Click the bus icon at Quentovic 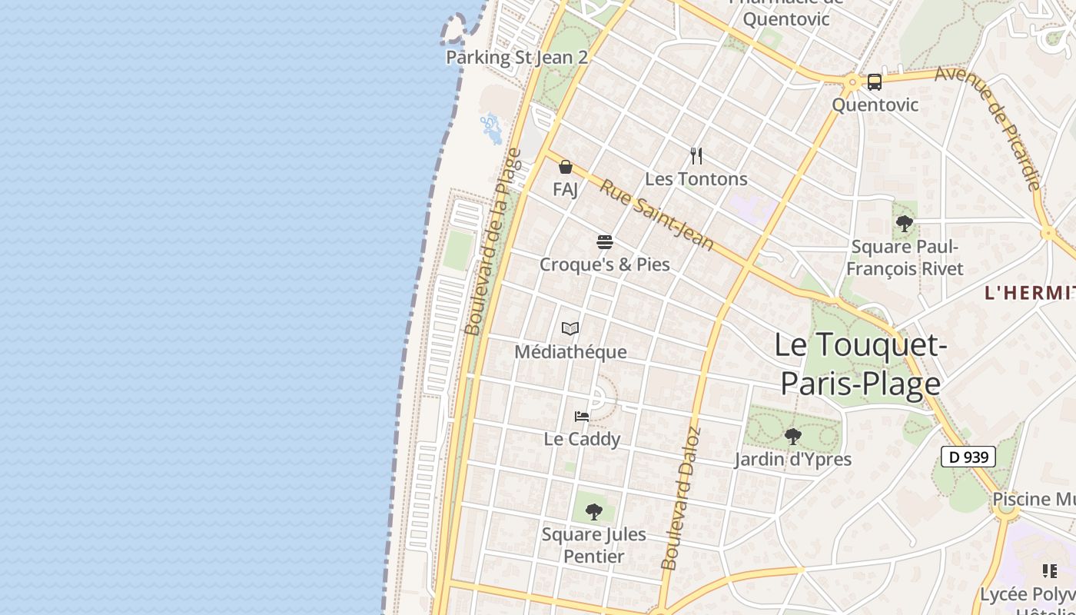click(875, 82)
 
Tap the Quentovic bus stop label click(875, 104)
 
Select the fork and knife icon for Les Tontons click(696, 156)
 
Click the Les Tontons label click(696, 179)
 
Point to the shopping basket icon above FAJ click(566, 167)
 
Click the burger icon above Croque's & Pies click(605, 242)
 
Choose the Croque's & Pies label click(605, 264)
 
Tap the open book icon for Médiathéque click(570, 329)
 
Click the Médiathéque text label click(570, 352)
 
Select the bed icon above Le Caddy click(582, 417)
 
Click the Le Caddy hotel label click(582, 439)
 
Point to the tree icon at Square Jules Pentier click(594, 511)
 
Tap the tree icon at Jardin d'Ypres click(793, 437)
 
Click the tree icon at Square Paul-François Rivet click(905, 224)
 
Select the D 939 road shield click(968, 457)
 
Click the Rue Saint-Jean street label click(656, 214)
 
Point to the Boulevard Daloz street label click(681, 497)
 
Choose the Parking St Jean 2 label click(516, 57)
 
